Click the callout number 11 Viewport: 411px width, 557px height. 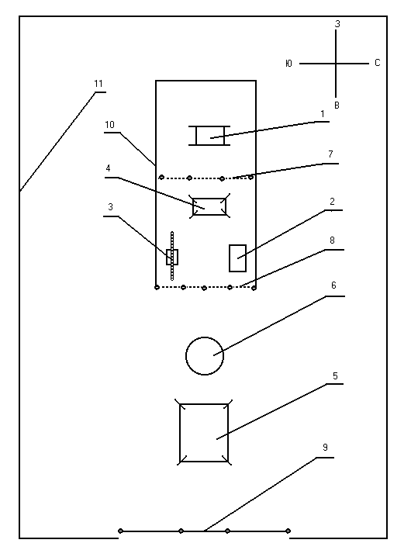tap(98, 84)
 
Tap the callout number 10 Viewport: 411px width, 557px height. tap(110, 125)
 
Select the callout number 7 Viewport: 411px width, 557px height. tap(330, 154)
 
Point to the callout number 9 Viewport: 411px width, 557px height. tap(326, 448)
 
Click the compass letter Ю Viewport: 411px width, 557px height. tap(288, 64)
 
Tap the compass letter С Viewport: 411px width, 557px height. tap(377, 63)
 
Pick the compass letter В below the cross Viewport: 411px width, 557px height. tap(337, 106)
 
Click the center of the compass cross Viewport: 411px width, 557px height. tap(336, 64)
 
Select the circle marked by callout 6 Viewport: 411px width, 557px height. tap(205, 337)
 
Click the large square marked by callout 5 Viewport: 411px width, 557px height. tap(180, 433)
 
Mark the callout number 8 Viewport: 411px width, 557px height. tap(332, 240)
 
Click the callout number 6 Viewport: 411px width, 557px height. tap(333, 285)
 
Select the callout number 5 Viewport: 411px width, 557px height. tap(335, 375)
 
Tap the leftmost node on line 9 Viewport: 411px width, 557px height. tap(120, 531)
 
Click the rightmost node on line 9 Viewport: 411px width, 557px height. tap(288, 531)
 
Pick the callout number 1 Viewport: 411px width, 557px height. tap(323, 114)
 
